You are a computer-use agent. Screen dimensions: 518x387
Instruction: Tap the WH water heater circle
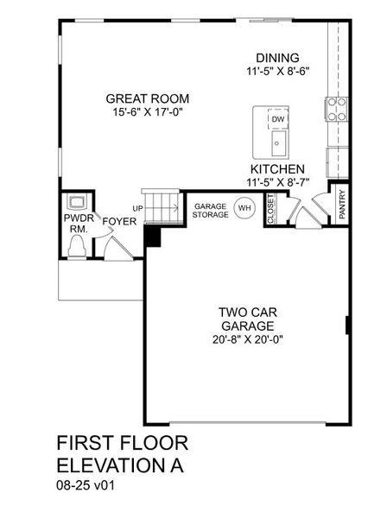(x=244, y=208)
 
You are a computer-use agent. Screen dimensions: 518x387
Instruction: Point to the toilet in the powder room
(x=76, y=245)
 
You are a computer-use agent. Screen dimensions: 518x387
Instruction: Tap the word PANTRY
(x=342, y=205)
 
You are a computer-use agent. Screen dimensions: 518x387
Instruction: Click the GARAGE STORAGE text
(x=211, y=210)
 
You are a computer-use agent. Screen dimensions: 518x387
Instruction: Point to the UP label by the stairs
(x=137, y=209)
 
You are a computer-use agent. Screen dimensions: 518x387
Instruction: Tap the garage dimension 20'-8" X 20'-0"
(x=245, y=340)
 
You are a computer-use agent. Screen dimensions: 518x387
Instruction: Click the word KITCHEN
(x=277, y=169)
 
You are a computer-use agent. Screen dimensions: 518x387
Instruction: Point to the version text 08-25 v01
(x=87, y=485)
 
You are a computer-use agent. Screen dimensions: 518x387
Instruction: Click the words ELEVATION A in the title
(x=121, y=464)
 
